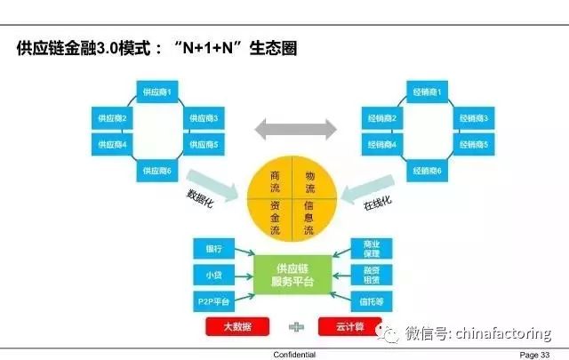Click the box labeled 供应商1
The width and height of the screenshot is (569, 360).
pos(160,91)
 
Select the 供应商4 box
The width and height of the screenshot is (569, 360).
pos(112,144)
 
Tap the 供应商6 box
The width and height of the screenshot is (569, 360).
pos(159,170)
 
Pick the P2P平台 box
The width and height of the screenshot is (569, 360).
pos(213,300)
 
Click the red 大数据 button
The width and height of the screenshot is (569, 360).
pos(237,327)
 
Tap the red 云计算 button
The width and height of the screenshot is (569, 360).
pos(349,327)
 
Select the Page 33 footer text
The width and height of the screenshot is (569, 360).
pos(535,354)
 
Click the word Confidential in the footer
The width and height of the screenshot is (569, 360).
pos(294,354)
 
